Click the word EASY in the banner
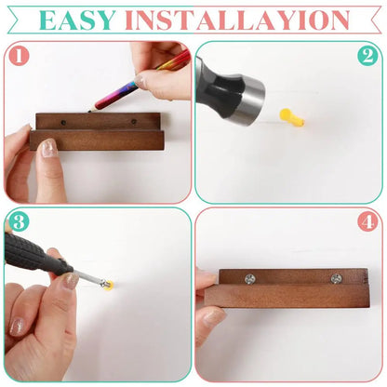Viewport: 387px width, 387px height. coord(77,20)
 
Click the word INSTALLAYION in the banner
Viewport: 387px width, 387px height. coord(238,20)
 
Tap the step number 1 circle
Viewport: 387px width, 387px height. coord(19,57)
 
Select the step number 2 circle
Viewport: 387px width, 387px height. coord(367,56)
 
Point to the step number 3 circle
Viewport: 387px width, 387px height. coord(19,222)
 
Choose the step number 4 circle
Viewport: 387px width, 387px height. coord(368,222)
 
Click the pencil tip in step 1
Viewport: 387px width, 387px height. coord(89,111)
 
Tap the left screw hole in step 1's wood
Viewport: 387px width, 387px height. coord(63,123)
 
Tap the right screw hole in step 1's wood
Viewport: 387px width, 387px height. coord(134,122)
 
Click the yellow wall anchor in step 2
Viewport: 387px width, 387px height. coord(292,118)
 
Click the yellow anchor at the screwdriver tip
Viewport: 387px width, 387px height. coord(108,286)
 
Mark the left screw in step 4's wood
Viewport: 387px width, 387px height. coord(249,279)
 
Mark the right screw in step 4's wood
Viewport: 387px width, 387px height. coord(336,279)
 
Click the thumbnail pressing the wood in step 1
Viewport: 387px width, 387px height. coord(49,148)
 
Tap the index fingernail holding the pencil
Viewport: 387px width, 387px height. coord(140,81)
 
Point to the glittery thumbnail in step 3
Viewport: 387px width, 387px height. coord(71,281)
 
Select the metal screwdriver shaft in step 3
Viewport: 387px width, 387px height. coord(88,277)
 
